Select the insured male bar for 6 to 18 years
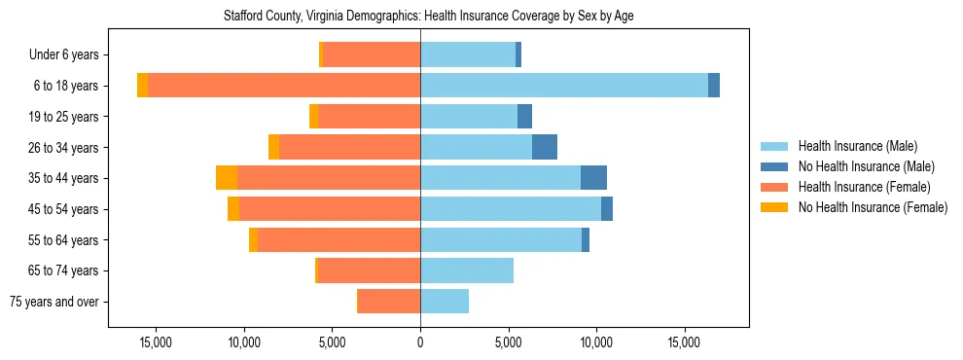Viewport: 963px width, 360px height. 564,86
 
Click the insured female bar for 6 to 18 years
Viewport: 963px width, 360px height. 284,86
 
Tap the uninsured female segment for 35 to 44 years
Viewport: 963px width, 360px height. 227,178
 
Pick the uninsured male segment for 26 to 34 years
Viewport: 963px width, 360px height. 545,147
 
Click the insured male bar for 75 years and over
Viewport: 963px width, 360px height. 445,302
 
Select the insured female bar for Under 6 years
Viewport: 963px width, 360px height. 372,54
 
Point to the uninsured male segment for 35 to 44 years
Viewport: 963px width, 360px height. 593,178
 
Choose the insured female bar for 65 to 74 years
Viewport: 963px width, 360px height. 370,270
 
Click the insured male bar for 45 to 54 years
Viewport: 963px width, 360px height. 511,209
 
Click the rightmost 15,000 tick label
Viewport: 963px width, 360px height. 684,342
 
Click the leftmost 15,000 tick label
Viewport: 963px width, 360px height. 156,342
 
